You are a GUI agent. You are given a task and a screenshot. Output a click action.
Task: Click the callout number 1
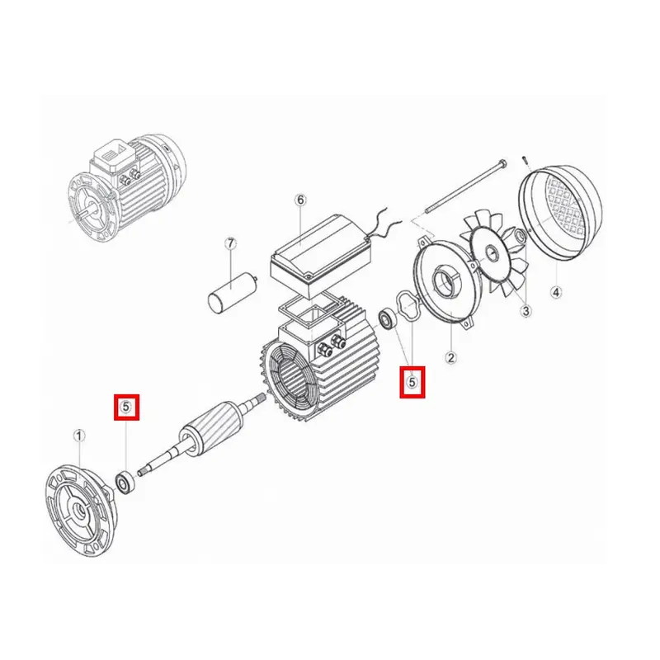coord(79,436)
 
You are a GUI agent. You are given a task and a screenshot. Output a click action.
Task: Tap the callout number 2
coord(450,358)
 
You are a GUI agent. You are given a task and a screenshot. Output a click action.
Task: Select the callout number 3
coord(526,311)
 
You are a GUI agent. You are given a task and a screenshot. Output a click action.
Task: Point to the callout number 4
coord(556,292)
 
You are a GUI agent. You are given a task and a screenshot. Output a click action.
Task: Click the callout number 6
coord(300,200)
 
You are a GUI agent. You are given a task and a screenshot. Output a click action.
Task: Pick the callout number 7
coord(230,243)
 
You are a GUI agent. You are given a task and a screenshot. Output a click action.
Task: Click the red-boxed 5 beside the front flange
coord(126,407)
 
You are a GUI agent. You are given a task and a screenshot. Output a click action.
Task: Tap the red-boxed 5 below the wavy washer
coord(412,382)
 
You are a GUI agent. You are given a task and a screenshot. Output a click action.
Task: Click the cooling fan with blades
coord(496,256)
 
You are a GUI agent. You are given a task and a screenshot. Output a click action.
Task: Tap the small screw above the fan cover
coord(524,162)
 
